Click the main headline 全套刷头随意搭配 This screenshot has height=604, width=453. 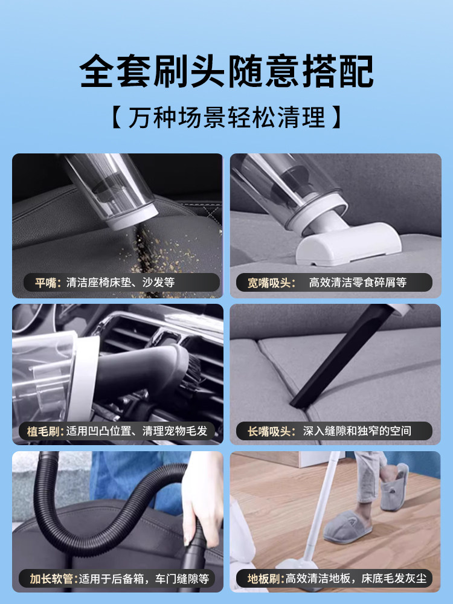(x=226, y=71)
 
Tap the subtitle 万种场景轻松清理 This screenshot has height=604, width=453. (x=226, y=117)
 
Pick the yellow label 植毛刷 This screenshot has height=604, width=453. (x=45, y=431)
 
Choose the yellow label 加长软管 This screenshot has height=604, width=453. (x=48, y=579)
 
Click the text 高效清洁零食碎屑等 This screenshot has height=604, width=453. (x=358, y=282)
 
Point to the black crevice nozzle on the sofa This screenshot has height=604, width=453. (x=338, y=362)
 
